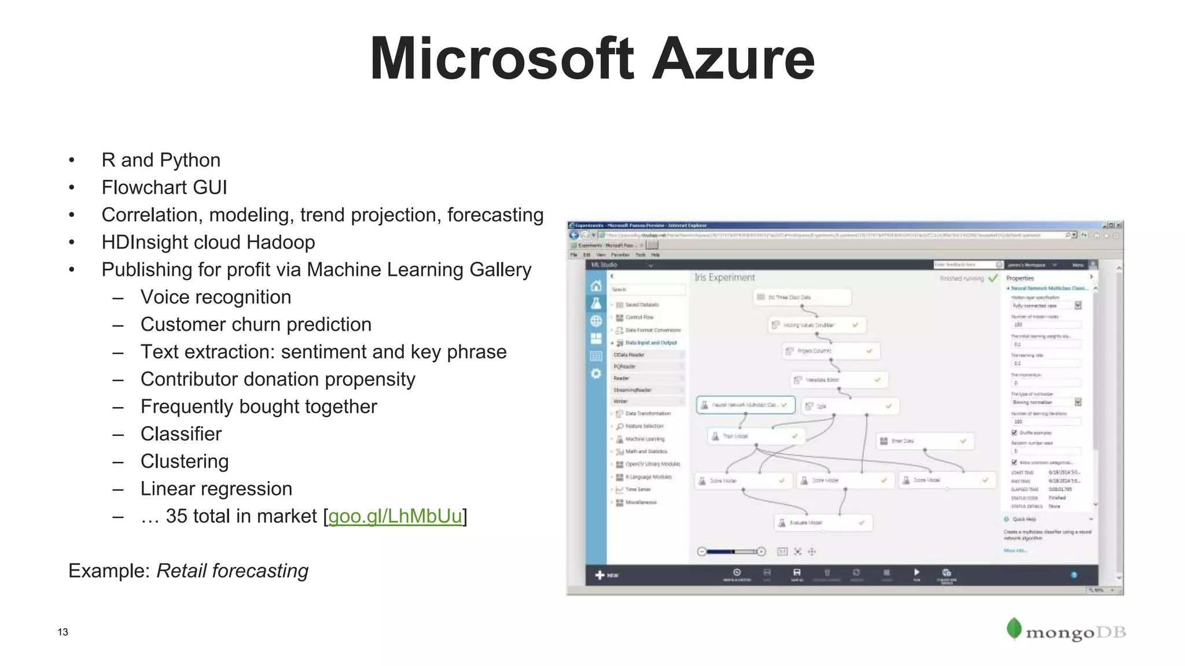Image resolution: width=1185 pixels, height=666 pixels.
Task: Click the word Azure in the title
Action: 733,59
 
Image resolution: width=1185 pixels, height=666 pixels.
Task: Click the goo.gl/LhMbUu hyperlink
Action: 395,516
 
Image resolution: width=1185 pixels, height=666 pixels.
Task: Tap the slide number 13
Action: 62,632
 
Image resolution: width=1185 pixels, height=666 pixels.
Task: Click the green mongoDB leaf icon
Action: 1014,629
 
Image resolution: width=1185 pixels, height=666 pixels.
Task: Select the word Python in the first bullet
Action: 190,160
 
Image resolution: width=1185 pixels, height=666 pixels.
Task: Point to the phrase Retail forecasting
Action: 232,571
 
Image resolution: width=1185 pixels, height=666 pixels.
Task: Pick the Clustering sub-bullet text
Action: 185,461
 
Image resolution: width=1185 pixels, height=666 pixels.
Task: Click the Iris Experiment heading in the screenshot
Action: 724,277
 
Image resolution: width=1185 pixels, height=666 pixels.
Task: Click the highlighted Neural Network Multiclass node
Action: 745,405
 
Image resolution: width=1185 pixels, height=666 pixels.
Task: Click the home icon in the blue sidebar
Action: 596,286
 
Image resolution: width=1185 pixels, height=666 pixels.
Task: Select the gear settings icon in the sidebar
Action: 596,374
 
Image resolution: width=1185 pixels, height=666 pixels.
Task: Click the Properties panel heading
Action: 1020,278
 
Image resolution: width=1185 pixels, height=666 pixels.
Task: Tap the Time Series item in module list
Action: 638,490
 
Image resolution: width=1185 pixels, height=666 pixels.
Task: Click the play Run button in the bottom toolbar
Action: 917,573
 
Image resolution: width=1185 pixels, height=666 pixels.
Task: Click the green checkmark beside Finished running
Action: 993,279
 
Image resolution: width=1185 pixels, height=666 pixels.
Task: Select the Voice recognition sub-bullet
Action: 216,297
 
